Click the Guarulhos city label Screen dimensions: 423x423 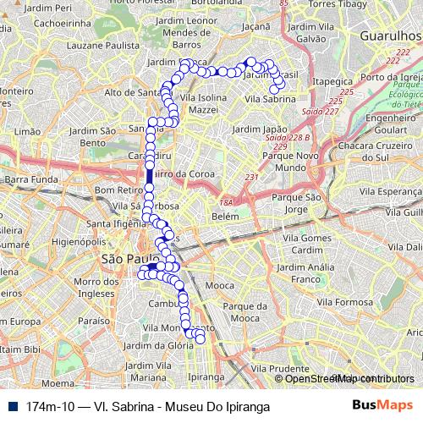pos(390,36)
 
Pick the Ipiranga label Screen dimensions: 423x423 pos(206,376)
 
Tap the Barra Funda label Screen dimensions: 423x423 pos(30,179)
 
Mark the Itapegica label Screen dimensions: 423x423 pos(331,80)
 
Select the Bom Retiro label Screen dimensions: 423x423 pos(115,190)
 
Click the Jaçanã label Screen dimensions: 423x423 pos(256,27)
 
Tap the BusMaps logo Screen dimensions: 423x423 pos(383,406)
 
